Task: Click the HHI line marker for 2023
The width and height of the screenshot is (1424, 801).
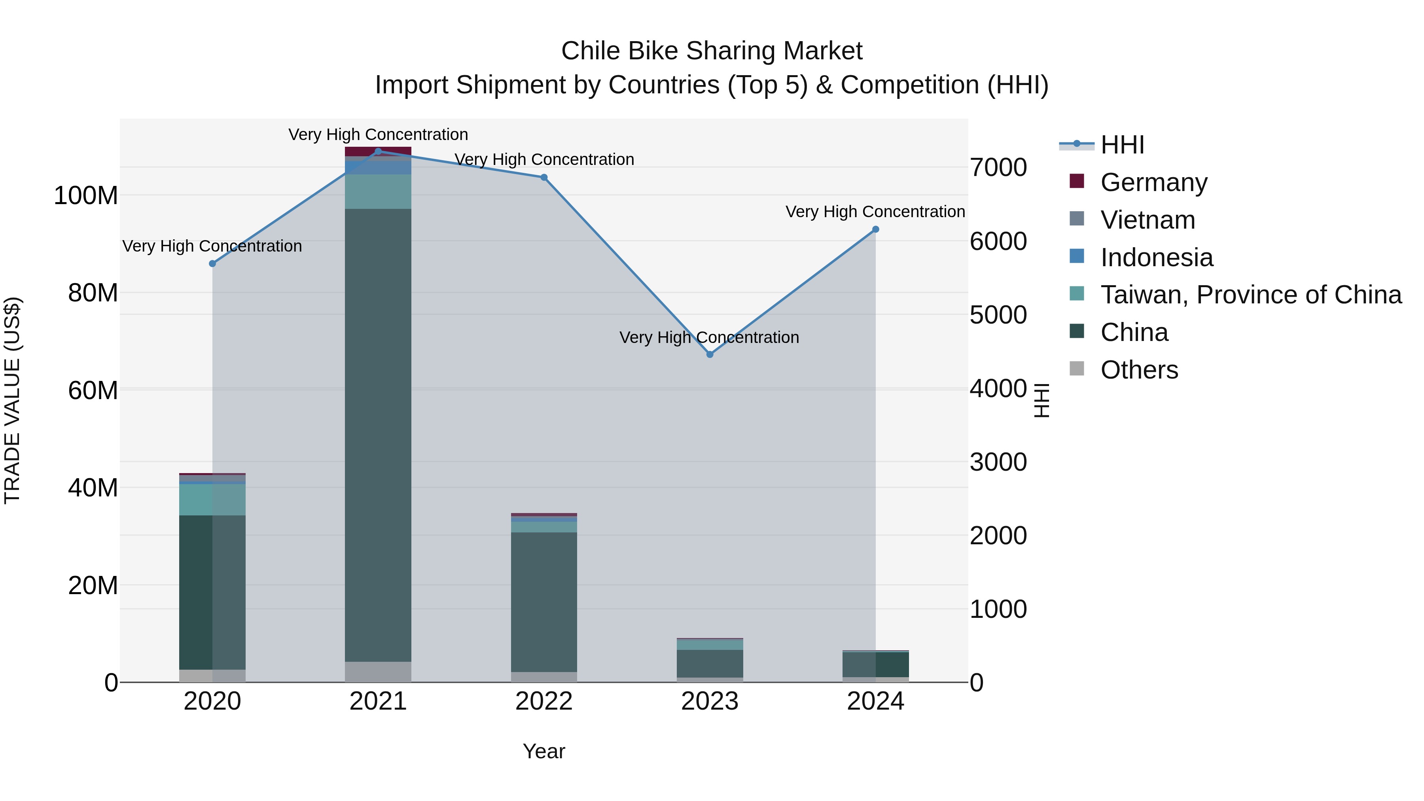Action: coord(710,354)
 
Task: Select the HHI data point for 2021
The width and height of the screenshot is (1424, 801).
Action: coord(378,151)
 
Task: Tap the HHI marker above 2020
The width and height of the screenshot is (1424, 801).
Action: coord(212,264)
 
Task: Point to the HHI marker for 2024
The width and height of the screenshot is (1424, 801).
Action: coord(876,229)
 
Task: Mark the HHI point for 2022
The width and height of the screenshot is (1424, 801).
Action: coord(544,178)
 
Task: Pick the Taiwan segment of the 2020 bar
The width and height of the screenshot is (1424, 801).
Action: coord(212,500)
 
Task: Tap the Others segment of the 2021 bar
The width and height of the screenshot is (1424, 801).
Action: coord(378,672)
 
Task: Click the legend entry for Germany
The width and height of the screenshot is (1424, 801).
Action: coord(1154,182)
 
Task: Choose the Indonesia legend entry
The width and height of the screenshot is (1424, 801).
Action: coord(1157,258)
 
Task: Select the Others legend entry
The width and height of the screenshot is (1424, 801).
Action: coord(1139,370)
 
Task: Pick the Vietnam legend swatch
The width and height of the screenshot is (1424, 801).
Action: coord(1077,219)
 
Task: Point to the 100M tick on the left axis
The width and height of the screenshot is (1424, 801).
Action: coord(86,196)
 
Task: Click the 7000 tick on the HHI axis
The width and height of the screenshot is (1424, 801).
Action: coord(998,167)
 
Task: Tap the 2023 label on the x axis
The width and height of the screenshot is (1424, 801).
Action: coord(710,701)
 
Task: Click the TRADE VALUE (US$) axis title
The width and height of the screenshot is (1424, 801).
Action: coord(12,400)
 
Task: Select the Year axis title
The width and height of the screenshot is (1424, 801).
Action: coord(544,751)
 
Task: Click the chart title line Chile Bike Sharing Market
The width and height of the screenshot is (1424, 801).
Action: coord(712,51)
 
